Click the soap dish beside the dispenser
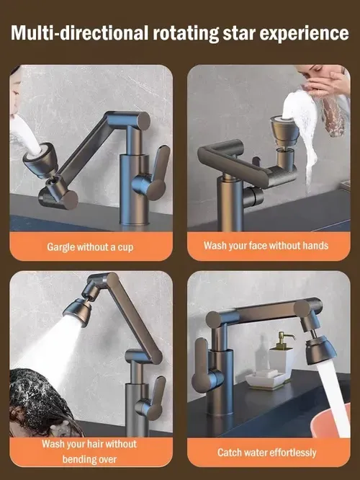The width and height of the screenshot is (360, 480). tap(265, 379)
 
